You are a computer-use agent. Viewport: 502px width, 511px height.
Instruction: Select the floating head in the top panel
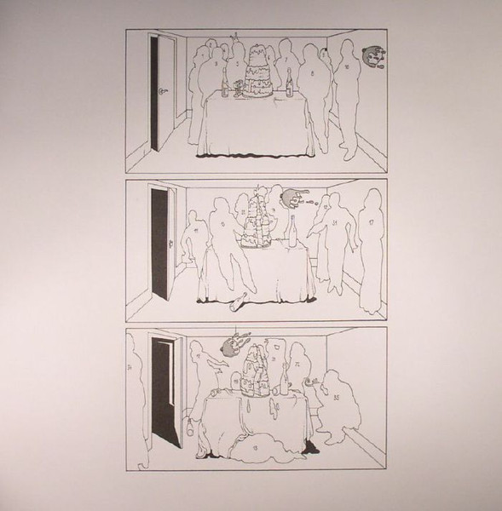coord(373,56)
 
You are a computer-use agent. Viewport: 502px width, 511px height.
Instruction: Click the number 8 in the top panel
coord(313,76)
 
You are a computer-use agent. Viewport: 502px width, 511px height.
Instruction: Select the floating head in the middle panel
coord(290,198)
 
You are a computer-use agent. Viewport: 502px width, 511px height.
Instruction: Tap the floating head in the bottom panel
coord(235,345)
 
